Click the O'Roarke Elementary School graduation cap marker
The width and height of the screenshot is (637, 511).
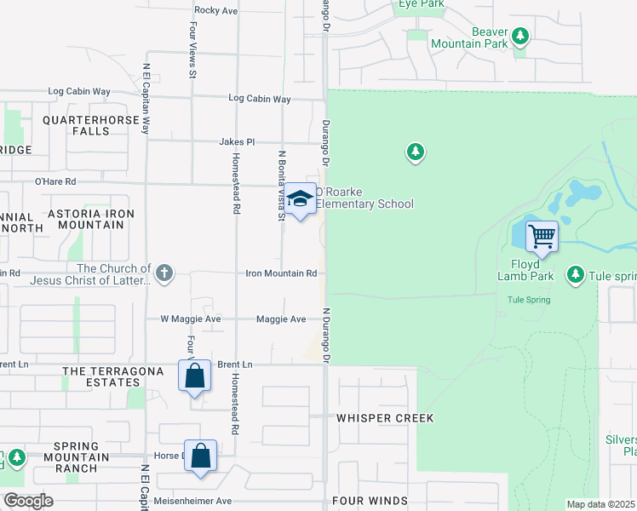coord(299,199)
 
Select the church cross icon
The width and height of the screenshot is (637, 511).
coord(164,273)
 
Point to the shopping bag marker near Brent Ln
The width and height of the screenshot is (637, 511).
coord(194,375)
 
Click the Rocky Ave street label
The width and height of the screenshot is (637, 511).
coord(216,10)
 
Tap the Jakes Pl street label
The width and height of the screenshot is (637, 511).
coord(237,141)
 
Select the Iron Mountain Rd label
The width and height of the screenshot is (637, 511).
coord(281,273)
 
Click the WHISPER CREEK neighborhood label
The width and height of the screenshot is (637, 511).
coord(385,418)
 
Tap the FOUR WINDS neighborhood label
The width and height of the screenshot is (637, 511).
coord(370,502)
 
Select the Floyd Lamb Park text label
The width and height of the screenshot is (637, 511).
coord(525,275)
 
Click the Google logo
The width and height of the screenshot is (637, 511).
coord(29,501)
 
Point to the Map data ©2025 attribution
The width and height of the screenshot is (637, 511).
coord(601,505)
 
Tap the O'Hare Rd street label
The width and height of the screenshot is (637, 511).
coord(55,181)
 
